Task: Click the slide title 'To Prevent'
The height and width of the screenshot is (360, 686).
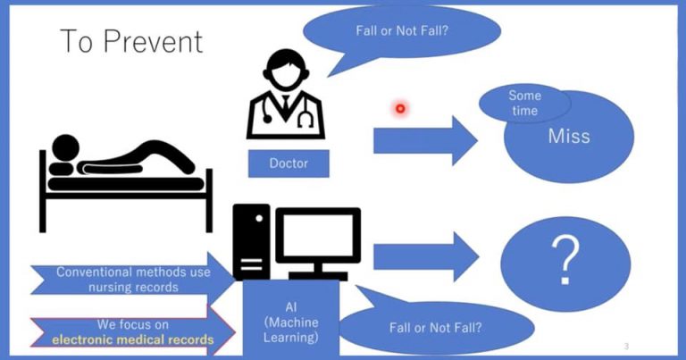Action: (x=131, y=41)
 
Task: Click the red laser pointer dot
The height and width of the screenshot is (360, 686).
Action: (x=400, y=109)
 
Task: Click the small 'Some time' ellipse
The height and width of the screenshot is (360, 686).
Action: (x=524, y=103)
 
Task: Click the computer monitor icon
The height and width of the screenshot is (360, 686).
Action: (x=317, y=240)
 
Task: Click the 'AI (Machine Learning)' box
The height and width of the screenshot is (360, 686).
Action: (x=291, y=322)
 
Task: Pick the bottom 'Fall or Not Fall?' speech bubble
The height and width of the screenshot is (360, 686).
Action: (x=435, y=326)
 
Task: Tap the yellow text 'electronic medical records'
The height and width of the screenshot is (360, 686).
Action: (x=132, y=339)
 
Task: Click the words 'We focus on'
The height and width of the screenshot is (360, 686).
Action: (x=132, y=324)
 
